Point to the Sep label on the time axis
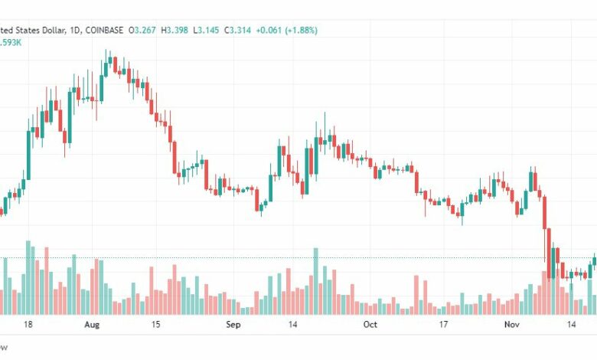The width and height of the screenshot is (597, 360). (234, 325)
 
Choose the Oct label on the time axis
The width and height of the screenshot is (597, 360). (370, 325)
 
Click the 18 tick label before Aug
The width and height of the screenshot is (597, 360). (28, 325)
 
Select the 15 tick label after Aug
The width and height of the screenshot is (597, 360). (155, 325)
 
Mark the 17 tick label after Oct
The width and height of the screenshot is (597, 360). (443, 325)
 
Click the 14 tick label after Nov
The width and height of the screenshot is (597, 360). (571, 325)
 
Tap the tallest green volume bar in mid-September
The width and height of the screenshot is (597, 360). (315, 280)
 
